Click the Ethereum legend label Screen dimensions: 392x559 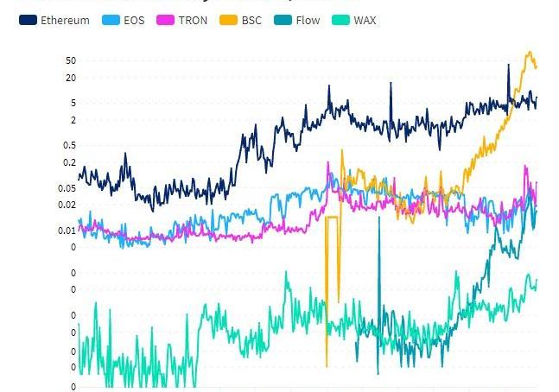[65, 20]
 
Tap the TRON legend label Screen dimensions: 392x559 [193, 20]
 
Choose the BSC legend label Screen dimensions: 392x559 [251, 20]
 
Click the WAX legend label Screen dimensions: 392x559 [365, 20]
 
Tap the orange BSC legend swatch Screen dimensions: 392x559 [227, 20]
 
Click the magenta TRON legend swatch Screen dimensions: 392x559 [164, 20]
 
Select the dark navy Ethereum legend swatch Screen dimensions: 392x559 [28, 20]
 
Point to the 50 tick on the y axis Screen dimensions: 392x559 [70, 60]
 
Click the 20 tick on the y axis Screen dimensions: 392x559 [70, 78]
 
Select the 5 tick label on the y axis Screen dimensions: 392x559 [73, 103]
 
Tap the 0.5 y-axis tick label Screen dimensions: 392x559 [69, 145]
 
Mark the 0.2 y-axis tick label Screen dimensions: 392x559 [69, 162]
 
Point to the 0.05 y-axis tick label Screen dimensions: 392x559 [67, 188]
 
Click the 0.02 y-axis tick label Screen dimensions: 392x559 [67, 205]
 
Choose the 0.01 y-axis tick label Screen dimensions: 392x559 [67, 231]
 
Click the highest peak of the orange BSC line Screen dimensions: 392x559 [530, 52]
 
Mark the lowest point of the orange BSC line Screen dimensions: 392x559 [327, 366]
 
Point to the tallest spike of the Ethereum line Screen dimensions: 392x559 [508, 65]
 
